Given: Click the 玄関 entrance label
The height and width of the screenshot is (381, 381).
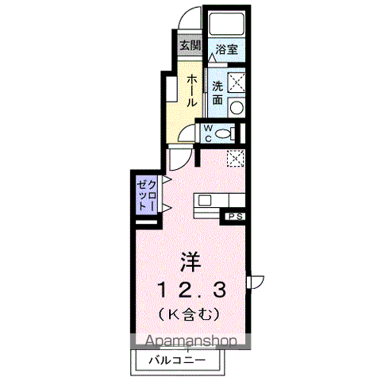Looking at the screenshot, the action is [190, 46].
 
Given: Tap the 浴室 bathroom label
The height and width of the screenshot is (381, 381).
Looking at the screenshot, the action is [226, 49].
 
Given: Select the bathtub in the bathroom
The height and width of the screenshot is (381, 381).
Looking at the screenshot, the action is [227, 23].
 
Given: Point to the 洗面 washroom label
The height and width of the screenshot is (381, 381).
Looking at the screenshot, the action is [217, 93].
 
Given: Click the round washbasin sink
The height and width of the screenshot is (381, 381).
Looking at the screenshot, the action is [237, 108].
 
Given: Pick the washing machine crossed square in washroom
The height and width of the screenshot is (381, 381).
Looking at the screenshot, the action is [237, 83].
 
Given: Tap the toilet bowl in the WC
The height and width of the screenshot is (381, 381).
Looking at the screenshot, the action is [223, 133].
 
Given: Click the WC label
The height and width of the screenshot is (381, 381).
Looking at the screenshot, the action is [208, 133].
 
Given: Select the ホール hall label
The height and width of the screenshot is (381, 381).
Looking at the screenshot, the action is [192, 90].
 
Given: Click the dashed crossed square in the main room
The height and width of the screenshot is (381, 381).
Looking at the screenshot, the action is [235, 158].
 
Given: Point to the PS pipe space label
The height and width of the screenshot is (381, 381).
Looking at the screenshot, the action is [235, 217].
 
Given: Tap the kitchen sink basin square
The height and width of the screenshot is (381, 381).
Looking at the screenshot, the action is [205, 200].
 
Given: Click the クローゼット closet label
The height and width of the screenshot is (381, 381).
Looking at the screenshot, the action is [147, 195].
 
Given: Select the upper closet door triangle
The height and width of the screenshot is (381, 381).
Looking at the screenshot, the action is [166, 179].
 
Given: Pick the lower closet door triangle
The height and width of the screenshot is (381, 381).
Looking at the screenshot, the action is [166, 209].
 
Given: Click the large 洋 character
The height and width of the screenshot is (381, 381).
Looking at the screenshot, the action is [191, 262].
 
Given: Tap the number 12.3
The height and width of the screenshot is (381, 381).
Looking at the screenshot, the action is [192, 290].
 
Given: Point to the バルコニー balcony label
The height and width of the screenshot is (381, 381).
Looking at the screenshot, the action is [177, 360].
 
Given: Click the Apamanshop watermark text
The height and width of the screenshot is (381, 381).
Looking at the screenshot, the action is [190, 341].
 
